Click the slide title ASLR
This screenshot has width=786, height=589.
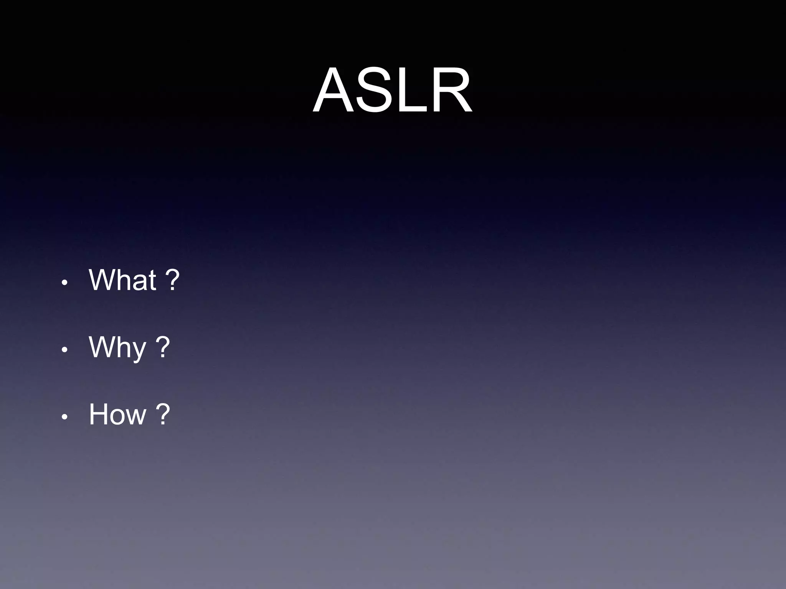pyautogui.click(x=392, y=91)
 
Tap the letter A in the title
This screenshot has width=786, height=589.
pyautogui.click(x=336, y=91)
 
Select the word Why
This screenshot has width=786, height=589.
pyautogui.click(x=117, y=347)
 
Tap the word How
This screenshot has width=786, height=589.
pyautogui.click(x=117, y=414)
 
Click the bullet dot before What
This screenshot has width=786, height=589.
pyautogui.click(x=64, y=283)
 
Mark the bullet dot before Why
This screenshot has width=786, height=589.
pyautogui.click(x=64, y=350)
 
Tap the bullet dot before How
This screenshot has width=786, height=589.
pyautogui.click(x=64, y=417)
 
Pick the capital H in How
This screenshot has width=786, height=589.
pyautogui.click(x=97, y=414)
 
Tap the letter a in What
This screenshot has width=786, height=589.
pyautogui.click(x=140, y=283)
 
